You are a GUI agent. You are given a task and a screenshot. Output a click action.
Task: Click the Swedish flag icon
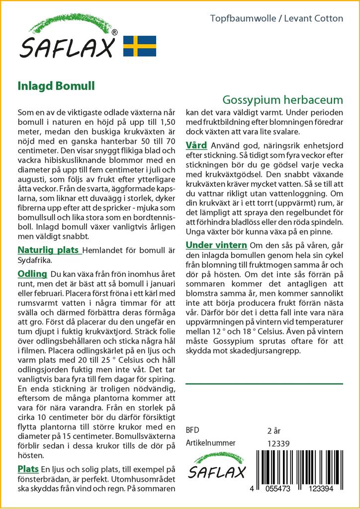click(x=139, y=46)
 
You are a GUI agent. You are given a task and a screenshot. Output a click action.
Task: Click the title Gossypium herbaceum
click(x=282, y=98)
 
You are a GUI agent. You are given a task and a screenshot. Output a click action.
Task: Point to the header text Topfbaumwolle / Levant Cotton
click(x=276, y=18)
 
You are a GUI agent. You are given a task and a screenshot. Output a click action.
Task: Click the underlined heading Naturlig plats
click(x=48, y=250)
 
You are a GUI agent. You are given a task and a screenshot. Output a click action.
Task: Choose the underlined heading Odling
click(x=32, y=274)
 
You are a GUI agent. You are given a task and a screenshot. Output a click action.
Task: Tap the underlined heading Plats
click(x=28, y=469)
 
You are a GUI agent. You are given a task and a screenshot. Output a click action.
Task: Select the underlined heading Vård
click(x=196, y=145)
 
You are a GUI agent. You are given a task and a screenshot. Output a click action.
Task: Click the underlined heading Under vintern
click(x=216, y=245)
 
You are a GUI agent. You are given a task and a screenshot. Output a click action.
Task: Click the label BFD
click(x=193, y=430)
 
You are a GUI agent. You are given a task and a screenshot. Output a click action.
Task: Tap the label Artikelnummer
click(x=210, y=443)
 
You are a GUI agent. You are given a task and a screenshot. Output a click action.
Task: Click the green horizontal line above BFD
click(x=264, y=384)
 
